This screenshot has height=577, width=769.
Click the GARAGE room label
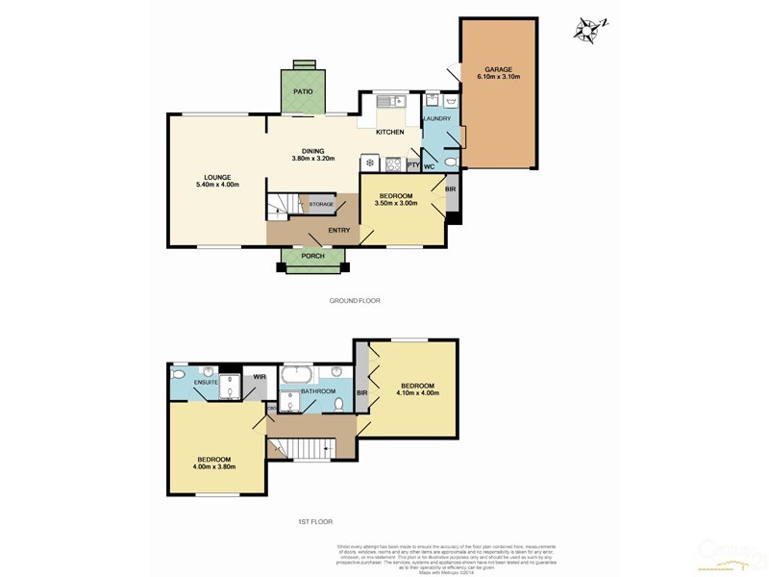click(497, 70)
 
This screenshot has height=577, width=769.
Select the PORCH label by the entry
click(313, 256)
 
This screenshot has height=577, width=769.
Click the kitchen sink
click(390, 101)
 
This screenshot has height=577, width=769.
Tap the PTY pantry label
click(412, 166)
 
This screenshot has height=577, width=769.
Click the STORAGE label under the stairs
click(321, 204)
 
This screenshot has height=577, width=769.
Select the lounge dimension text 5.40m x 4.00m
click(216, 185)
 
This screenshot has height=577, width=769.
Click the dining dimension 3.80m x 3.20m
click(313, 159)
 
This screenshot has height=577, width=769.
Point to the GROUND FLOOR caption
click(355, 301)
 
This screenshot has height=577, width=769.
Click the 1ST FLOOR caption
click(314, 521)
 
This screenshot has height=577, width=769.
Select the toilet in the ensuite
click(179, 373)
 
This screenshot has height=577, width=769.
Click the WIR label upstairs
click(259, 376)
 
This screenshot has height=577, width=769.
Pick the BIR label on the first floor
click(362, 392)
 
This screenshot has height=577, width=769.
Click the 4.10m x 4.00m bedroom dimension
click(417, 392)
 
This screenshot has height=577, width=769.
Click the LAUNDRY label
click(437, 118)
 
